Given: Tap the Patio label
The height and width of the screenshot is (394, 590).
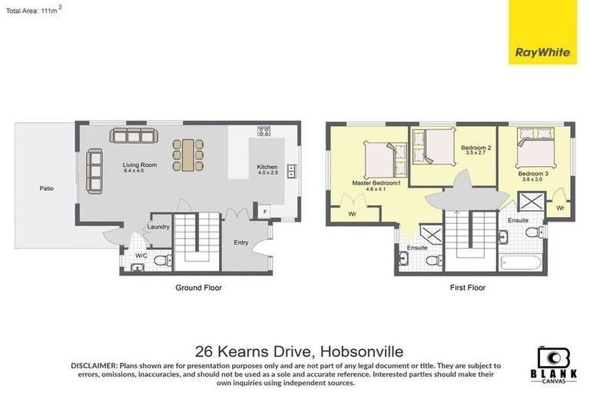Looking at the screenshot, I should click(47, 187).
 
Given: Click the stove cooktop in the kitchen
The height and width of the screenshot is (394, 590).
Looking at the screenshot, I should click(264, 131).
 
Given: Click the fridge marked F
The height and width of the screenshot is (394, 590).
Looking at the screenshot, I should click(265, 210).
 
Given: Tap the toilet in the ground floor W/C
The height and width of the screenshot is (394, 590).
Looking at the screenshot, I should click(161, 261).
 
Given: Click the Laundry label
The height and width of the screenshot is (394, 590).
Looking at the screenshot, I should click(159, 226).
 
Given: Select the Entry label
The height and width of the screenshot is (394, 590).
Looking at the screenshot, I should click(241, 243).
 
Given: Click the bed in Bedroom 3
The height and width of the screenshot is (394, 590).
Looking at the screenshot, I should click(534, 145).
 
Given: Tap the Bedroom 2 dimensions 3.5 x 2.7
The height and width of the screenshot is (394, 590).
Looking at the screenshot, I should click(476, 153).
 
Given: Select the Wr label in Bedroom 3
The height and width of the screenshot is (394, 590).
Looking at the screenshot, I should click(561, 208).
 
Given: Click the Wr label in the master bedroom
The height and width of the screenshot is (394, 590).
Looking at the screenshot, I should click(352, 213).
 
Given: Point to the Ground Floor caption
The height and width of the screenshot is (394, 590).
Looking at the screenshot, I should click(200, 288).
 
